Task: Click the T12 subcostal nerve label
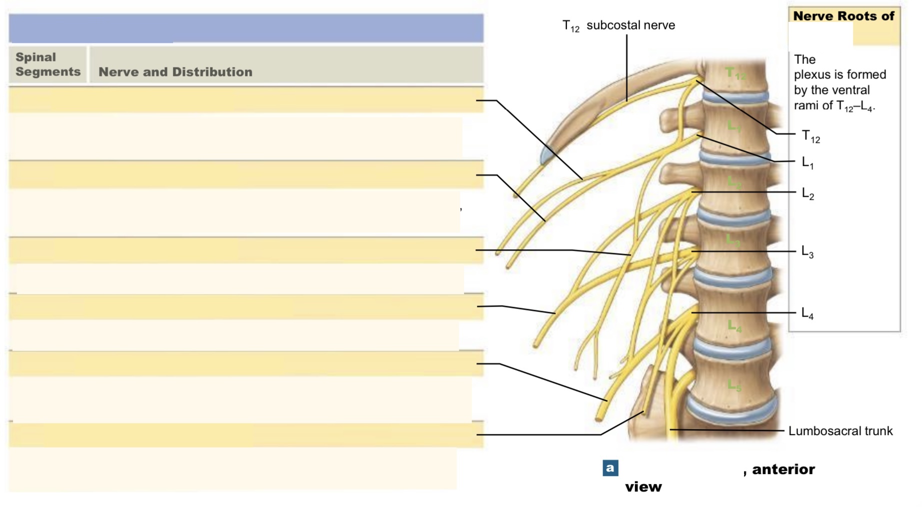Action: pos(618,25)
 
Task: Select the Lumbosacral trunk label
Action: pos(840,431)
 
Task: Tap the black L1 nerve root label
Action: pos(807,162)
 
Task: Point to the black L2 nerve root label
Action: pos(807,193)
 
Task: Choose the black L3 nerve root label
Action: pos(807,251)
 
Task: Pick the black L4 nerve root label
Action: pos(807,313)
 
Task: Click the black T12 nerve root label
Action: pos(810,136)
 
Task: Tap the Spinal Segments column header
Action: pos(47,64)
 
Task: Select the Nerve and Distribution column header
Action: pos(175,72)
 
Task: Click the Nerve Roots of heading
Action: pos(843,16)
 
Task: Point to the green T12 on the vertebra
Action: pos(735,74)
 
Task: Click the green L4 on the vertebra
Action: pos(734,327)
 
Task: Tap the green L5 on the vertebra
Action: pos(734,385)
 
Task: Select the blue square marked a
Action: pos(610,468)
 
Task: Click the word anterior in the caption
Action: pos(783,470)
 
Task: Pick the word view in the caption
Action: pos(643,487)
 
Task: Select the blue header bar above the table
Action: pos(246,28)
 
